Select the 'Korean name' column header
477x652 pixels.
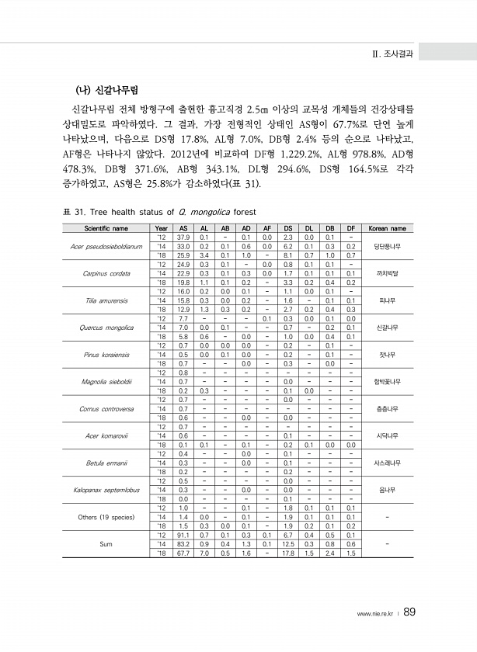386,229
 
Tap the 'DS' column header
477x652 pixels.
287,229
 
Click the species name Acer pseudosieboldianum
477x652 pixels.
104,246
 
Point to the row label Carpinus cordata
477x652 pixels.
104,273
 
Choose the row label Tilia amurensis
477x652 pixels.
104,300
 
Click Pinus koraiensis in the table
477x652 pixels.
104,354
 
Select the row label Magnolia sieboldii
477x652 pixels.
104,381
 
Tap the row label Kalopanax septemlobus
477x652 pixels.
104,489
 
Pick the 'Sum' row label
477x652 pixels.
104,543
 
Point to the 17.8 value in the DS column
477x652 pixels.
287,552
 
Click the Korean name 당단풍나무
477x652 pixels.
386,246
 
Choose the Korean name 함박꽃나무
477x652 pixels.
386,381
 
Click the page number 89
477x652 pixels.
409,613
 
